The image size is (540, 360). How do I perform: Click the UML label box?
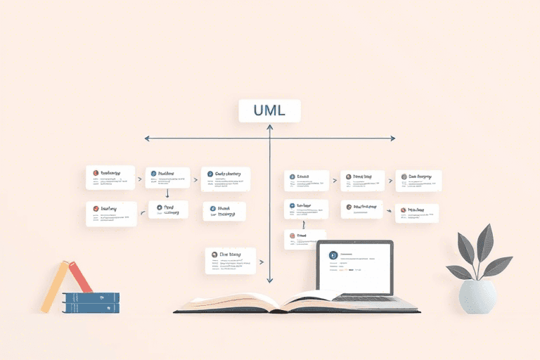[269, 111]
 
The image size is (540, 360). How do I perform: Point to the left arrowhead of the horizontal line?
[146, 138]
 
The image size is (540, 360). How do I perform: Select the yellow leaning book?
[54, 287]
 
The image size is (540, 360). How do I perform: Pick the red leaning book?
[80, 277]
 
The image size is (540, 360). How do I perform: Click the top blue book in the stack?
[91, 297]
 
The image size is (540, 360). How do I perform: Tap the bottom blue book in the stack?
[91, 307]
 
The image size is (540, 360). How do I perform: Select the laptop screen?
[354, 268]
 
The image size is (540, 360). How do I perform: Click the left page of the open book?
[225, 301]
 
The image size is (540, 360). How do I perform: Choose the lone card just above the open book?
[229, 260]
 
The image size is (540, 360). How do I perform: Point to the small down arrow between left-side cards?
[167, 193]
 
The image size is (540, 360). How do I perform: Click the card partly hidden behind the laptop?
[304, 239]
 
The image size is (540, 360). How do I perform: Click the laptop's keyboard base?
[373, 299]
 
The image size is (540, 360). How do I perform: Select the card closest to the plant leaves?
[416, 213]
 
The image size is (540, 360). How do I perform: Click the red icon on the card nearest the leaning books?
[94, 208]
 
